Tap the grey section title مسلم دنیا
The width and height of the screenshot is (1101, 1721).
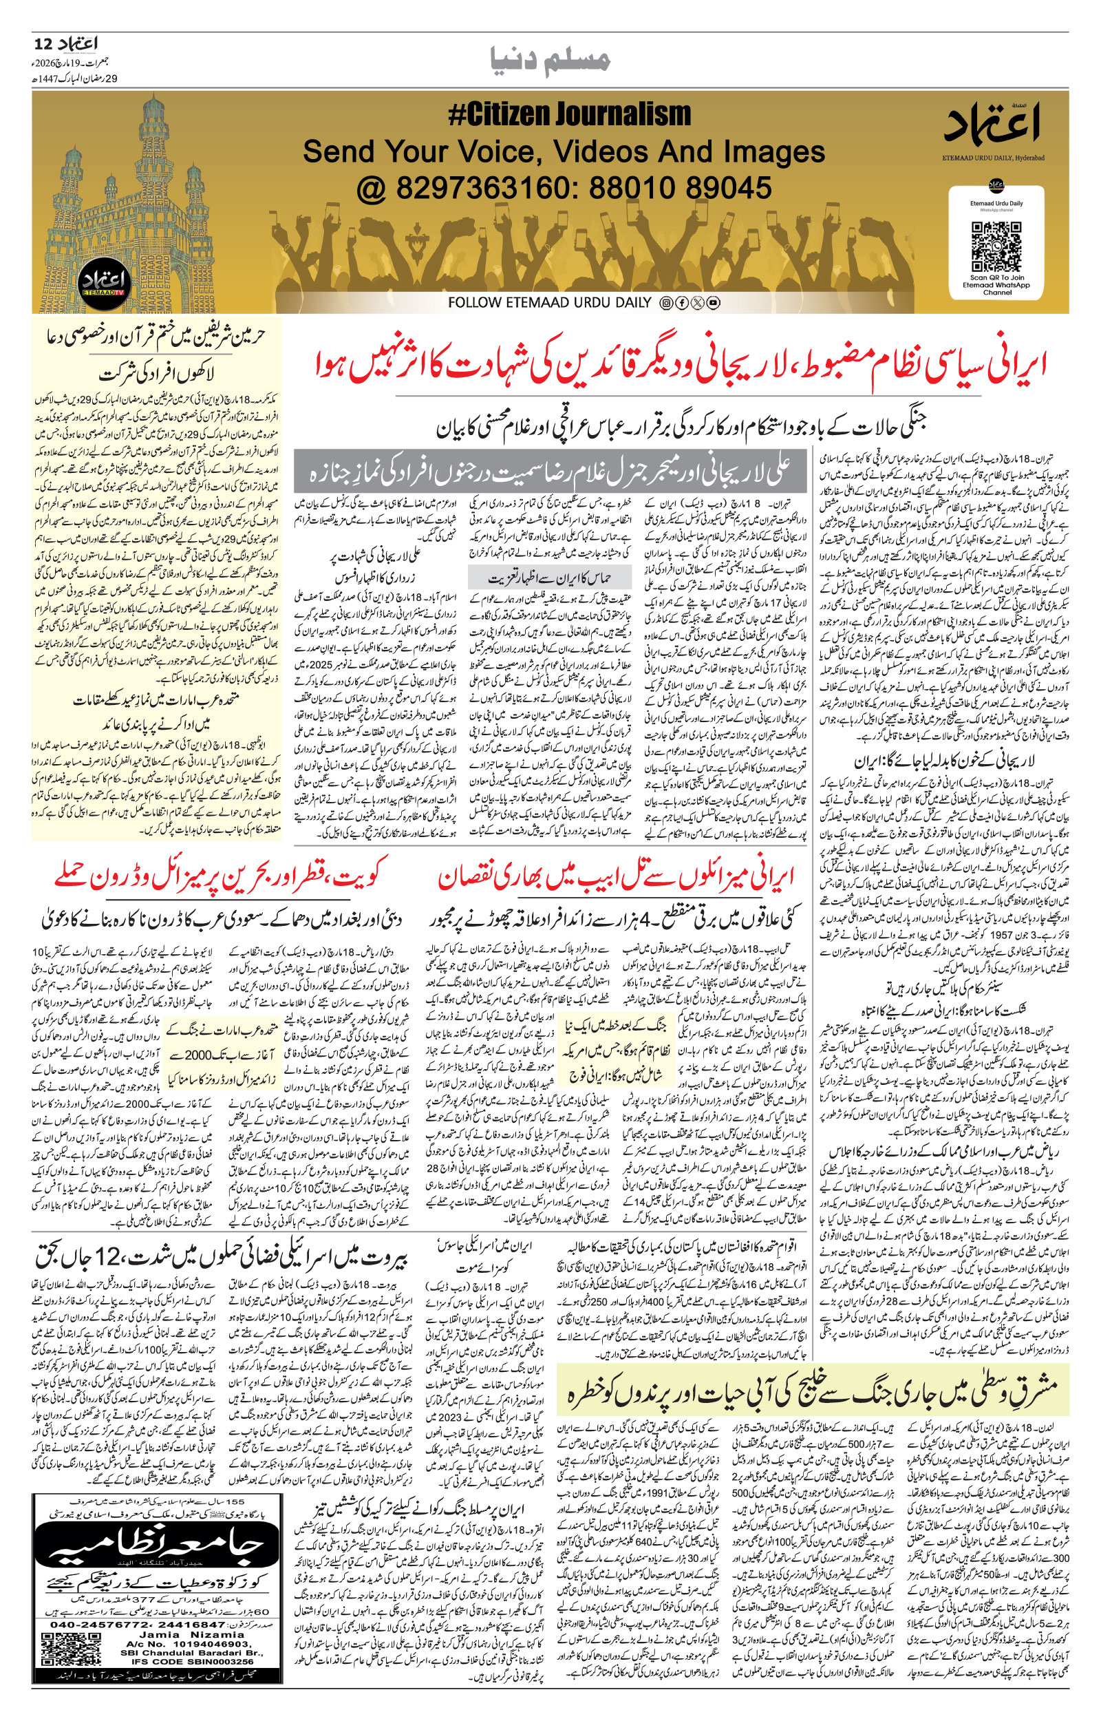551,61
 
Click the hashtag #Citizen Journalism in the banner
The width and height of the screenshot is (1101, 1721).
569,114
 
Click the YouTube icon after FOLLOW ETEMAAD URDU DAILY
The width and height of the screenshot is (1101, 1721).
713,303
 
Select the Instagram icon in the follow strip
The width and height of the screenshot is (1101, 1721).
665,303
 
